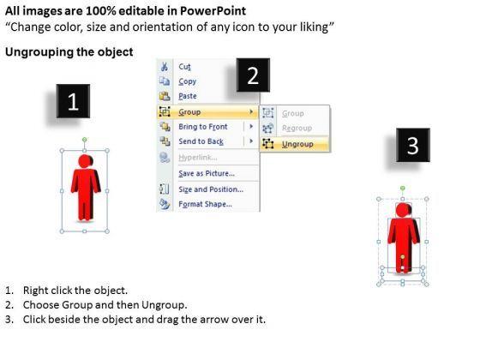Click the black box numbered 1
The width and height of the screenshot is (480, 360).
point(73,101)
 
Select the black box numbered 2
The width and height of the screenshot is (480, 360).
point(253,75)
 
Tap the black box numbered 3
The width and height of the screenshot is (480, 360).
point(413,145)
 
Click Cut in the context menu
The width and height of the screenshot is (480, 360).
point(184,67)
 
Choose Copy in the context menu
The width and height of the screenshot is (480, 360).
point(188,81)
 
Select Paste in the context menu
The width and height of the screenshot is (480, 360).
point(188,96)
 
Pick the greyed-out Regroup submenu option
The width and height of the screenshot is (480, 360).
point(297,128)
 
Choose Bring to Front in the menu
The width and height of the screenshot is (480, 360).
point(203,127)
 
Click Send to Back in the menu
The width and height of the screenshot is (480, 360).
point(201,141)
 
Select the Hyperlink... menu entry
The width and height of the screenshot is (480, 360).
point(198,158)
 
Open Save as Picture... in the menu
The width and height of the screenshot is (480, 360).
point(207,173)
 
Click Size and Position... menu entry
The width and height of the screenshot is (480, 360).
point(211,189)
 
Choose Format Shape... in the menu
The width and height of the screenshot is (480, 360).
point(205,204)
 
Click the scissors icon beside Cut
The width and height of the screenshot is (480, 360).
point(165,67)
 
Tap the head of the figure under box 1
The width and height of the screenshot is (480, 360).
point(85,161)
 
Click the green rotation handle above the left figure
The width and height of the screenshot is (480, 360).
point(85,140)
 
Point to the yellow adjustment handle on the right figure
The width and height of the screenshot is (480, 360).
point(403,257)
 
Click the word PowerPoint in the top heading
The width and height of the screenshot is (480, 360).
point(213,11)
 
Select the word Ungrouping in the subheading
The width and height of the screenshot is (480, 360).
point(39,52)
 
